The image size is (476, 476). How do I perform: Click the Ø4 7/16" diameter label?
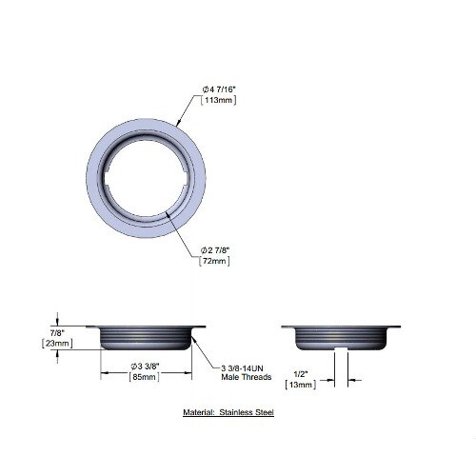coord(219,89)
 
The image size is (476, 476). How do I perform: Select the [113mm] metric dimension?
coord(219,100)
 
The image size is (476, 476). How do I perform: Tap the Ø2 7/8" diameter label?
coord(215,250)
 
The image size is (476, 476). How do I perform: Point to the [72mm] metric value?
coord(214,261)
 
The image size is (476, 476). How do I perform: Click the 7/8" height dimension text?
coord(57,333)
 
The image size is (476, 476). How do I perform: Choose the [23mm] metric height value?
coord(57,344)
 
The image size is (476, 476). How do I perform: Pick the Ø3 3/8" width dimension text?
coord(145,367)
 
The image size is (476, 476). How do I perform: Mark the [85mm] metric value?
coord(145,377)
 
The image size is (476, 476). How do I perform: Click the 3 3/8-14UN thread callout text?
coord(242,368)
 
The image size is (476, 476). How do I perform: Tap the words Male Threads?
coord(247,377)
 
